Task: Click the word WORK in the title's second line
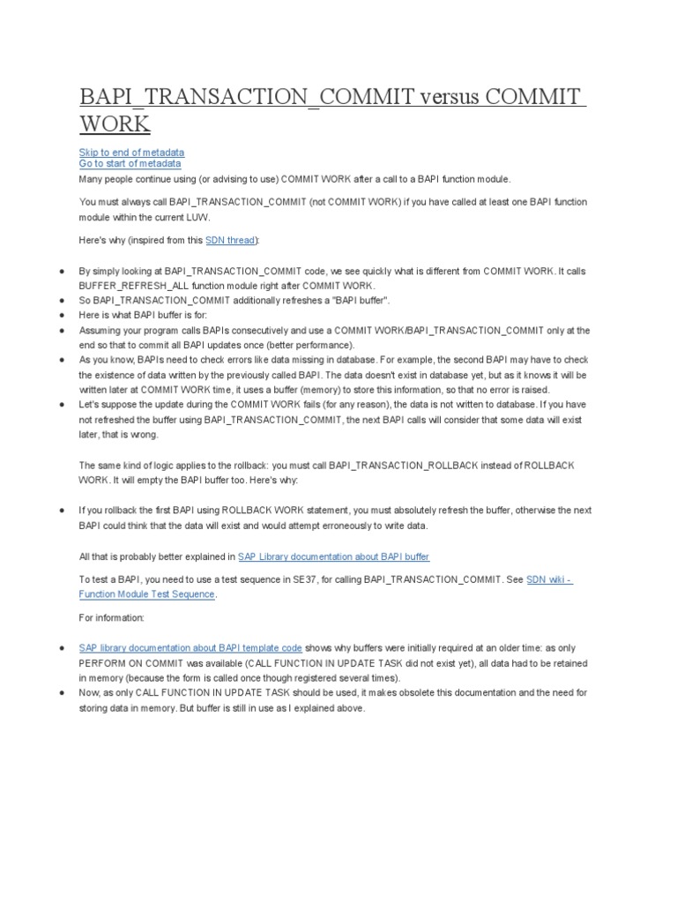pyautogui.click(x=115, y=123)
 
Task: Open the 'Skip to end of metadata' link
pyautogui.click(x=131, y=153)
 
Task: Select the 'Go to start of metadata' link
pyautogui.click(x=130, y=163)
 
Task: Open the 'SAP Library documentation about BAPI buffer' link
pyautogui.click(x=333, y=556)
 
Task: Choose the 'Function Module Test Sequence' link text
pyautogui.click(x=146, y=593)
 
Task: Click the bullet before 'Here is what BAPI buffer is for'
pyautogui.click(x=61, y=315)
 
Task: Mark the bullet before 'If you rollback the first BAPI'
pyautogui.click(x=61, y=511)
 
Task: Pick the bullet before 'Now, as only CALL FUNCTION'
pyautogui.click(x=61, y=693)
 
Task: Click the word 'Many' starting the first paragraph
pyautogui.click(x=91, y=177)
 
